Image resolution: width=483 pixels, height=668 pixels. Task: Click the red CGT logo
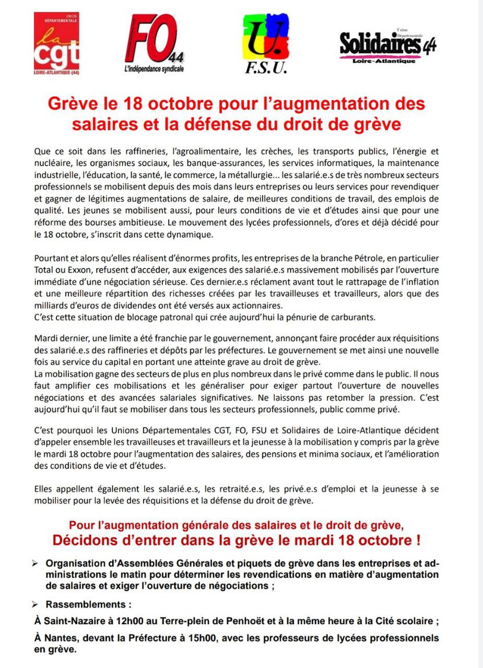point(57,44)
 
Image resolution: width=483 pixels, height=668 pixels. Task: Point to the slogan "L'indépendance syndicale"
point(154,69)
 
